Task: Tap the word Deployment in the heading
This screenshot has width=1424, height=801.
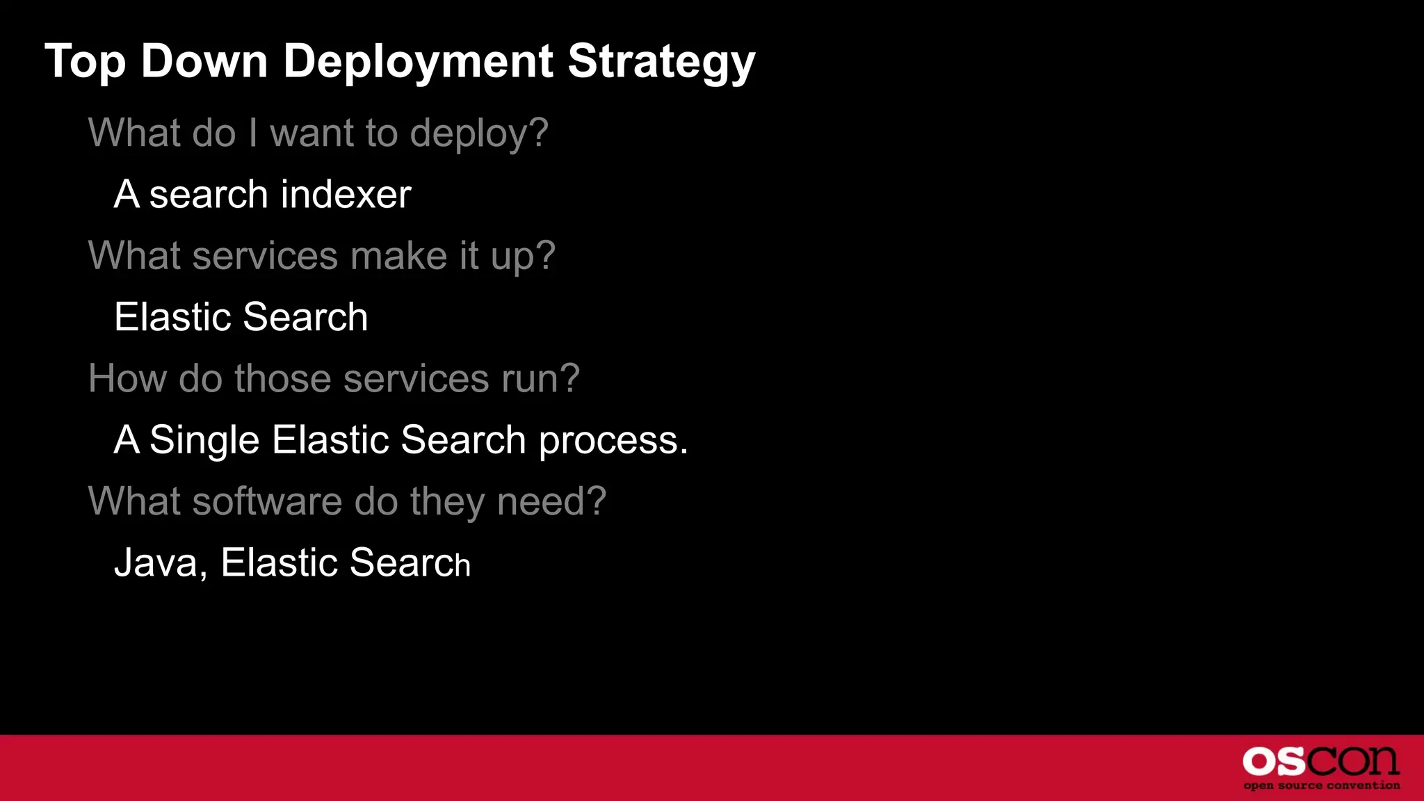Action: (418, 63)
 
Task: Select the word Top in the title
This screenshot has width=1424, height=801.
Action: (85, 63)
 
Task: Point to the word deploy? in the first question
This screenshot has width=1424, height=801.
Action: (479, 133)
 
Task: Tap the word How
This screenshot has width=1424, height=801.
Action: (127, 379)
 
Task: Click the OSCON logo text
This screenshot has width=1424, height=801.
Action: (1320, 761)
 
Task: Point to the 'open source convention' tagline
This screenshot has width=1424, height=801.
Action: (1321, 786)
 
